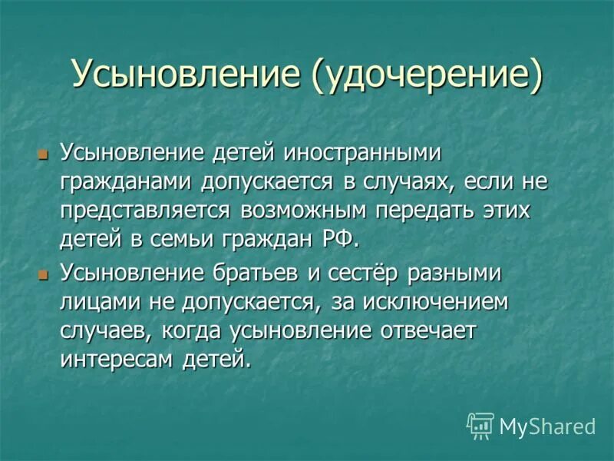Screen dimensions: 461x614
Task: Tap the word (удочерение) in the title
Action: click(x=426, y=75)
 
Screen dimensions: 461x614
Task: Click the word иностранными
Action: click(x=364, y=153)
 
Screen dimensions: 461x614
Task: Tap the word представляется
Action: click(x=146, y=211)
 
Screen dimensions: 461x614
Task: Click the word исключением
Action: click(x=435, y=302)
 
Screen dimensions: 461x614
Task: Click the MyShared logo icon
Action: click(x=480, y=425)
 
